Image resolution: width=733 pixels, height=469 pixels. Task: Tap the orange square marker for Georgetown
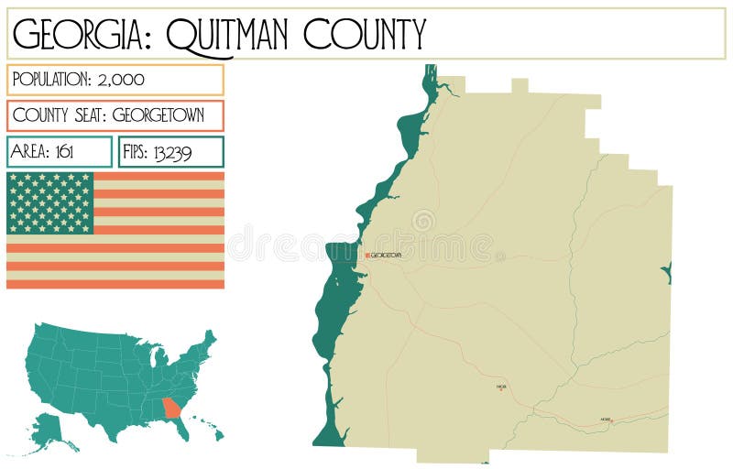point(367,256)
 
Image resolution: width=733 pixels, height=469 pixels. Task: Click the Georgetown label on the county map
point(386,256)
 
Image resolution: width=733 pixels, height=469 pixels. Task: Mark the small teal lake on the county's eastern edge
point(667,272)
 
